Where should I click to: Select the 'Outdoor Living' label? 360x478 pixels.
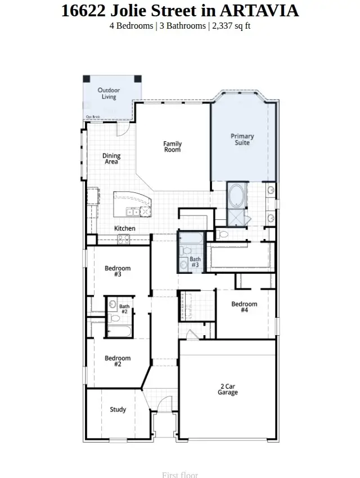pyautogui.click(x=109, y=93)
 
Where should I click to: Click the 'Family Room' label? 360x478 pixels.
pyautogui.click(x=172, y=147)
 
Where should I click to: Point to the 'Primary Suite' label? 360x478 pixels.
pyautogui.click(x=242, y=139)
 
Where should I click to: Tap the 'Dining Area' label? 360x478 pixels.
pyautogui.click(x=111, y=159)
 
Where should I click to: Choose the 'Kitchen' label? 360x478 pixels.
pyautogui.click(x=125, y=228)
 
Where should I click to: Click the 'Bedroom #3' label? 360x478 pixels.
pyautogui.click(x=118, y=271)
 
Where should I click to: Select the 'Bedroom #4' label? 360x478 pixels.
pyautogui.click(x=244, y=306)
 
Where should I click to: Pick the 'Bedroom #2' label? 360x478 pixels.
pyautogui.click(x=118, y=361)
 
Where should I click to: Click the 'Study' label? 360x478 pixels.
pyautogui.click(x=118, y=409)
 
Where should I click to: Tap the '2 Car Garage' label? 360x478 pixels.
pyautogui.click(x=228, y=389)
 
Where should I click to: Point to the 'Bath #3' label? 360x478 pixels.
pyautogui.click(x=195, y=261)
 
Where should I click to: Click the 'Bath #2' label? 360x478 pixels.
pyautogui.click(x=124, y=308)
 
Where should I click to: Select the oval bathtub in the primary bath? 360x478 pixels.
pyautogui.click(x=236, y=196)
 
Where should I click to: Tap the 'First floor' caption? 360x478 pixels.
pyautogui.click(x=180, y=475)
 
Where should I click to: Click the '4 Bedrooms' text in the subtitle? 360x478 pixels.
pyautogui.click(x=130, y=26)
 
